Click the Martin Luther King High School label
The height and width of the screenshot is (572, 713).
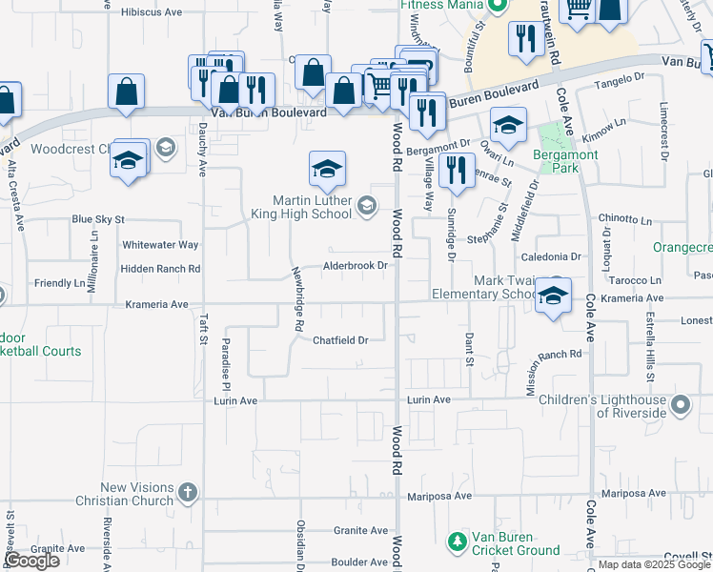pos(312,206)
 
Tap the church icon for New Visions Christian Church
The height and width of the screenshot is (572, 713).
pos(188,493)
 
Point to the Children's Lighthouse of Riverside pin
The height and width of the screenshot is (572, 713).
pos(680,406)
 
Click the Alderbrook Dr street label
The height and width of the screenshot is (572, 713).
pos(355,266)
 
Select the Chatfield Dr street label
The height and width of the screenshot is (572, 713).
pos(340,339)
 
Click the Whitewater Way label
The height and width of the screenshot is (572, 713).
pos(160,245)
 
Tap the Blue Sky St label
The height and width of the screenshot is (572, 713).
pos(98,219)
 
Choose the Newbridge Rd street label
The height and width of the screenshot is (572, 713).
pos(298,301)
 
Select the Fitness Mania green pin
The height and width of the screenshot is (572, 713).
pos(495,6)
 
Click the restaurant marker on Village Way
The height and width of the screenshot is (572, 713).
pos(458,171)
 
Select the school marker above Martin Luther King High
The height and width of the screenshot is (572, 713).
pos(327,169)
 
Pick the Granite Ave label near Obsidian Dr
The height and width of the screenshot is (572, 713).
pos(360,530)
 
